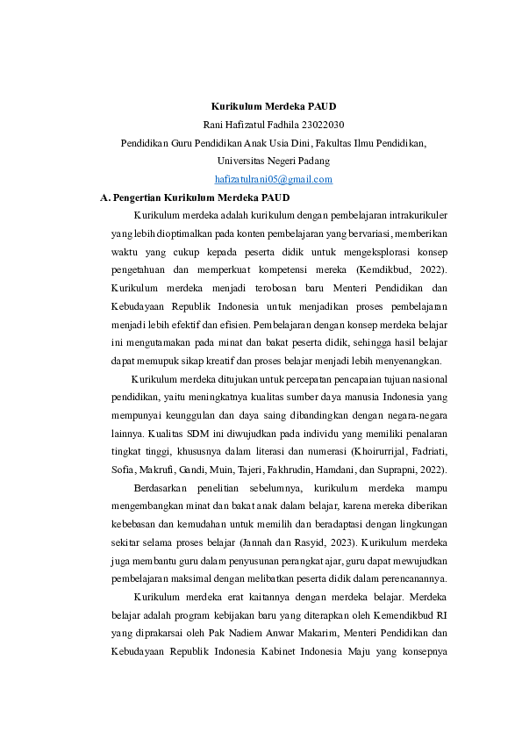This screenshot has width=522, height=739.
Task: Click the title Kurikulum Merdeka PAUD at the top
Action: click(274, 106)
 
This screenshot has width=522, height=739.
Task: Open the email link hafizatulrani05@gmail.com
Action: click(274, 179)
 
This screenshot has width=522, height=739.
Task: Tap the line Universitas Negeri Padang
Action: click(274, 161)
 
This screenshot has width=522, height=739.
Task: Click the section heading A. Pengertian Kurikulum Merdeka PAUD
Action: click(196, 197)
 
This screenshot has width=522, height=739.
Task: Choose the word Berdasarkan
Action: click(161, 488)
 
